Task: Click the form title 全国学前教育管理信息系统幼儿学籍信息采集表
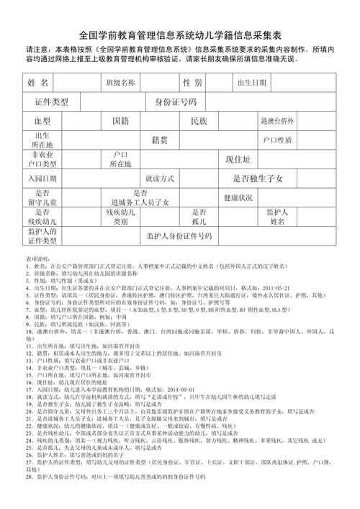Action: point(180,34)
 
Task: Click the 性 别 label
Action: point(192,84)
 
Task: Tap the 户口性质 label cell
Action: point(277,140)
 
